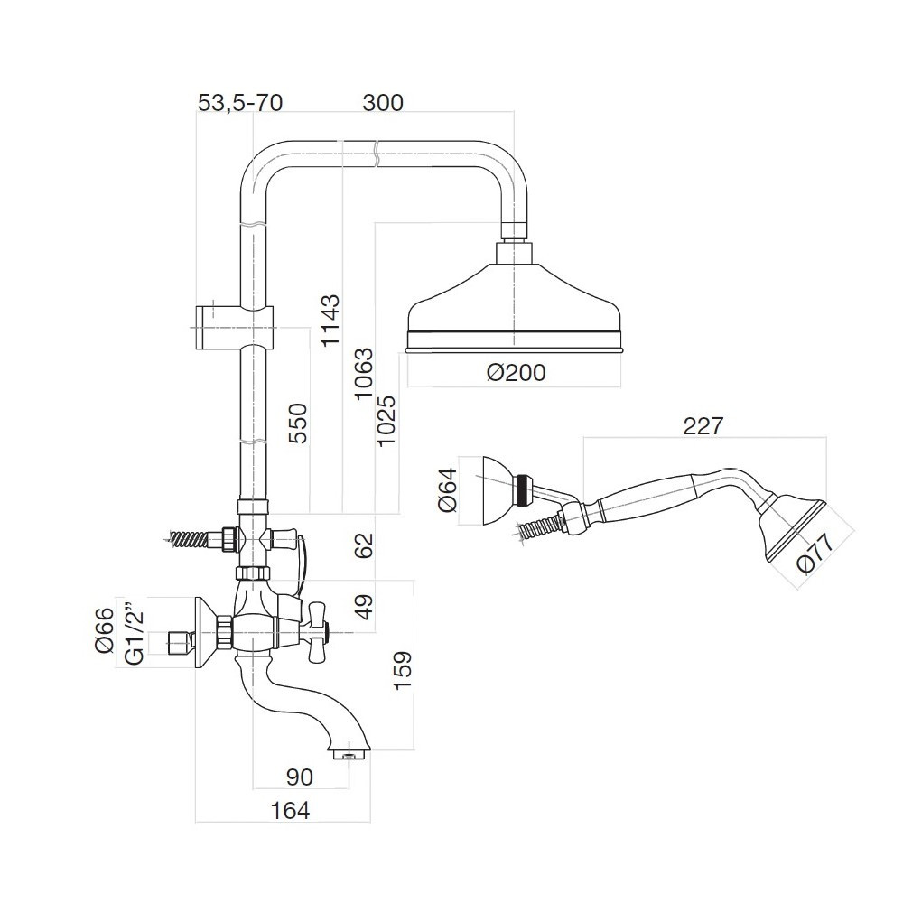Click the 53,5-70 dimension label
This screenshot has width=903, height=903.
[x=240, y=103]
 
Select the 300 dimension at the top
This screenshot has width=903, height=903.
[x=382, y=103]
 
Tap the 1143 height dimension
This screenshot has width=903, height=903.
[x=331, y=320]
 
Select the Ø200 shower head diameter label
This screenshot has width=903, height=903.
[x=516, y=372]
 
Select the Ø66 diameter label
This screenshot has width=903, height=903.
[x=104, y=630]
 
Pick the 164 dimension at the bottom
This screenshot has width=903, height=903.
[x=291, y=810]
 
